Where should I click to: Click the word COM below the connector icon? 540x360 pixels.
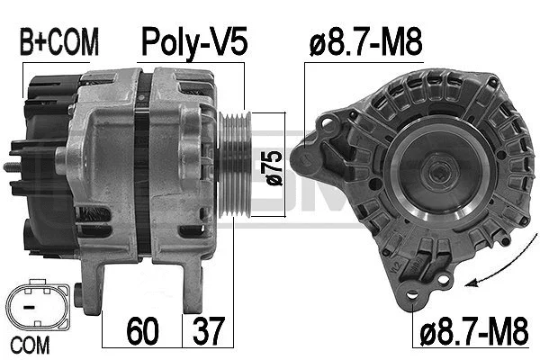pyautogui.click(x=31, y=344)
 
